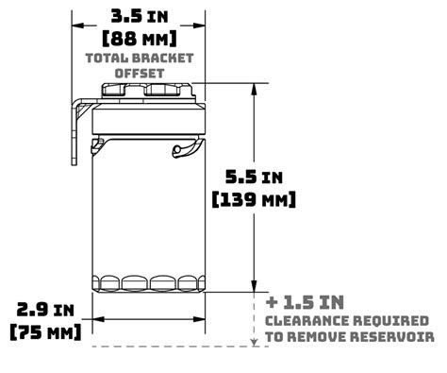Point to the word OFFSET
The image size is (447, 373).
tap(140, 73)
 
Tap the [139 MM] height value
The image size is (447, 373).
tap(255, 199)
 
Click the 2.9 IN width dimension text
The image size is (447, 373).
tap(45, 310)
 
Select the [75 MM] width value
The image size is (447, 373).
tap(45, 332)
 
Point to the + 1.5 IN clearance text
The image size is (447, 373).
tap(305, 302)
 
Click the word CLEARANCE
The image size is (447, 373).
tap(305, 320)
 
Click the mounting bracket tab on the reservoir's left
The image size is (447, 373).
tap(74, 132)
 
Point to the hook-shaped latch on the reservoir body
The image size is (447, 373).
tap(185, 148)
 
